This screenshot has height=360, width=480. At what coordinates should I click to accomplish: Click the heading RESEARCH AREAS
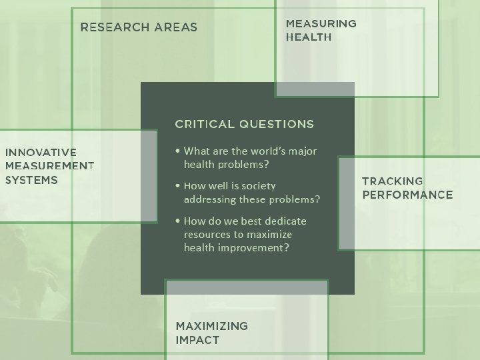[x=139, y=27]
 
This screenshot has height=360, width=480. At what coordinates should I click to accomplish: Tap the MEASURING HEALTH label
[x=321, y=30]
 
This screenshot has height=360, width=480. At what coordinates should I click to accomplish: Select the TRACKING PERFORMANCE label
[x=407, y=188]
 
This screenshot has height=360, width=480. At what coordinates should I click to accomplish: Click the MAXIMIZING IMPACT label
[x=211, y=333]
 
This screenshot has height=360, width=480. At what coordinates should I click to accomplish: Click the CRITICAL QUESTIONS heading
[x=244, y=124]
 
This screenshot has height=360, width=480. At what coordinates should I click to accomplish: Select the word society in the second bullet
[x=258, y=186]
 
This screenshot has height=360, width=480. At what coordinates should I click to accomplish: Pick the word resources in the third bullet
[x=206, y=235]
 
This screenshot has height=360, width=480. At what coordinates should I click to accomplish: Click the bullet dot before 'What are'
[x=176, y=151]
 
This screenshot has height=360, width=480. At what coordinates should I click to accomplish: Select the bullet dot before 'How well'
[x=176, y=186]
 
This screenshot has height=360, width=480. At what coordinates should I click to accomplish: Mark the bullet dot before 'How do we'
[x=176, y=221]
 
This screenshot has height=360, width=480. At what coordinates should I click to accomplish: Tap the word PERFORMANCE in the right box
[x=407, y=195]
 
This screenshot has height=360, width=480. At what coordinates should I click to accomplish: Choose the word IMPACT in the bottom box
[x=197, y=340]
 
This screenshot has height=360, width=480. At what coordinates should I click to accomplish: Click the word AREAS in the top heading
[x=175, y=27]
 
